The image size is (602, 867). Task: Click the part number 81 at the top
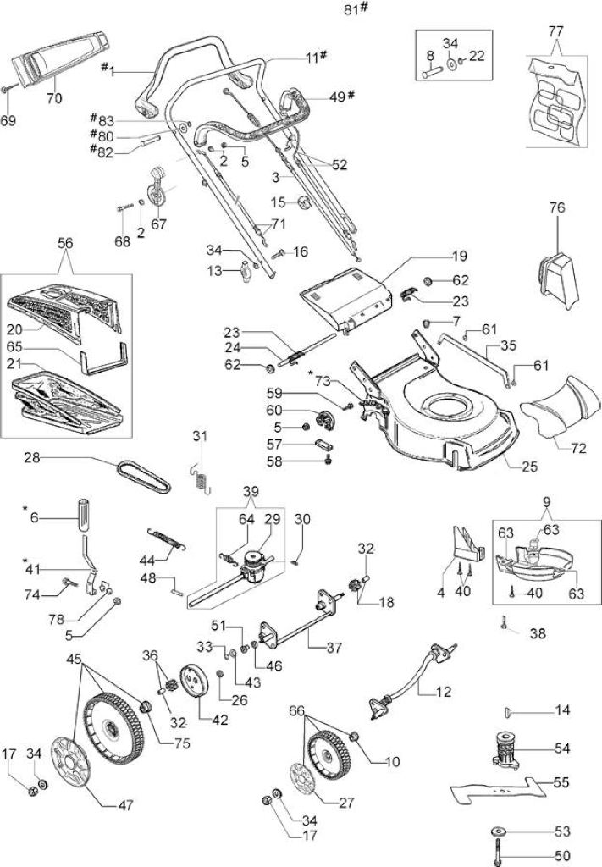(352, 10)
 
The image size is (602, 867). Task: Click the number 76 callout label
(557, 208)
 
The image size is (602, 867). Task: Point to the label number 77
(556, 31)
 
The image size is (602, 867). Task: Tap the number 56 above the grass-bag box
(65, 243)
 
